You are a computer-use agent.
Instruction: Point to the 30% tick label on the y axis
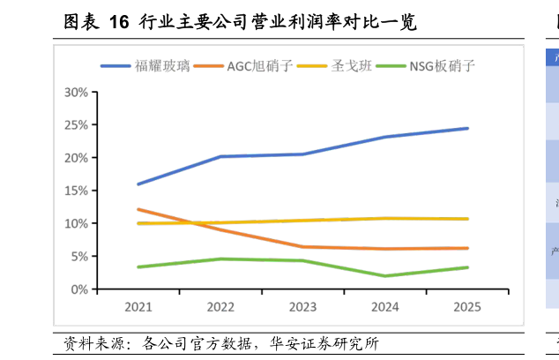point(76,93)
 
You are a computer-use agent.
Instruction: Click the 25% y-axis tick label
point(76,125)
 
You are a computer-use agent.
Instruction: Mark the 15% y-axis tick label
point(76,191)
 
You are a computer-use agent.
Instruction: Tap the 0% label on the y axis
point(79,289)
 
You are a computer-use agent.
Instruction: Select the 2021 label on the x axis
point(138,307)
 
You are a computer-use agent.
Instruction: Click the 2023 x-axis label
point(302,307)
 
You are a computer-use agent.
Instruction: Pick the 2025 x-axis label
point(467,307)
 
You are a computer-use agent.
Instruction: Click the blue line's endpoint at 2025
point(467,129)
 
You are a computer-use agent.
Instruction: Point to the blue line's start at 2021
point(138,184)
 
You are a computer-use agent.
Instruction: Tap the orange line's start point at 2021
point(138,209)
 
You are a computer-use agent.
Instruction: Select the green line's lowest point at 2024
point(385,276)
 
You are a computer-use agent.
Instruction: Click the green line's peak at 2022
point(220,259)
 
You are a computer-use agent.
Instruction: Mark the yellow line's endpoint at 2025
point(467,219)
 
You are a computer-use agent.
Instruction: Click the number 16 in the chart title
point(119,22)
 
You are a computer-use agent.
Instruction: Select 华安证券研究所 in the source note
point(324,343)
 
